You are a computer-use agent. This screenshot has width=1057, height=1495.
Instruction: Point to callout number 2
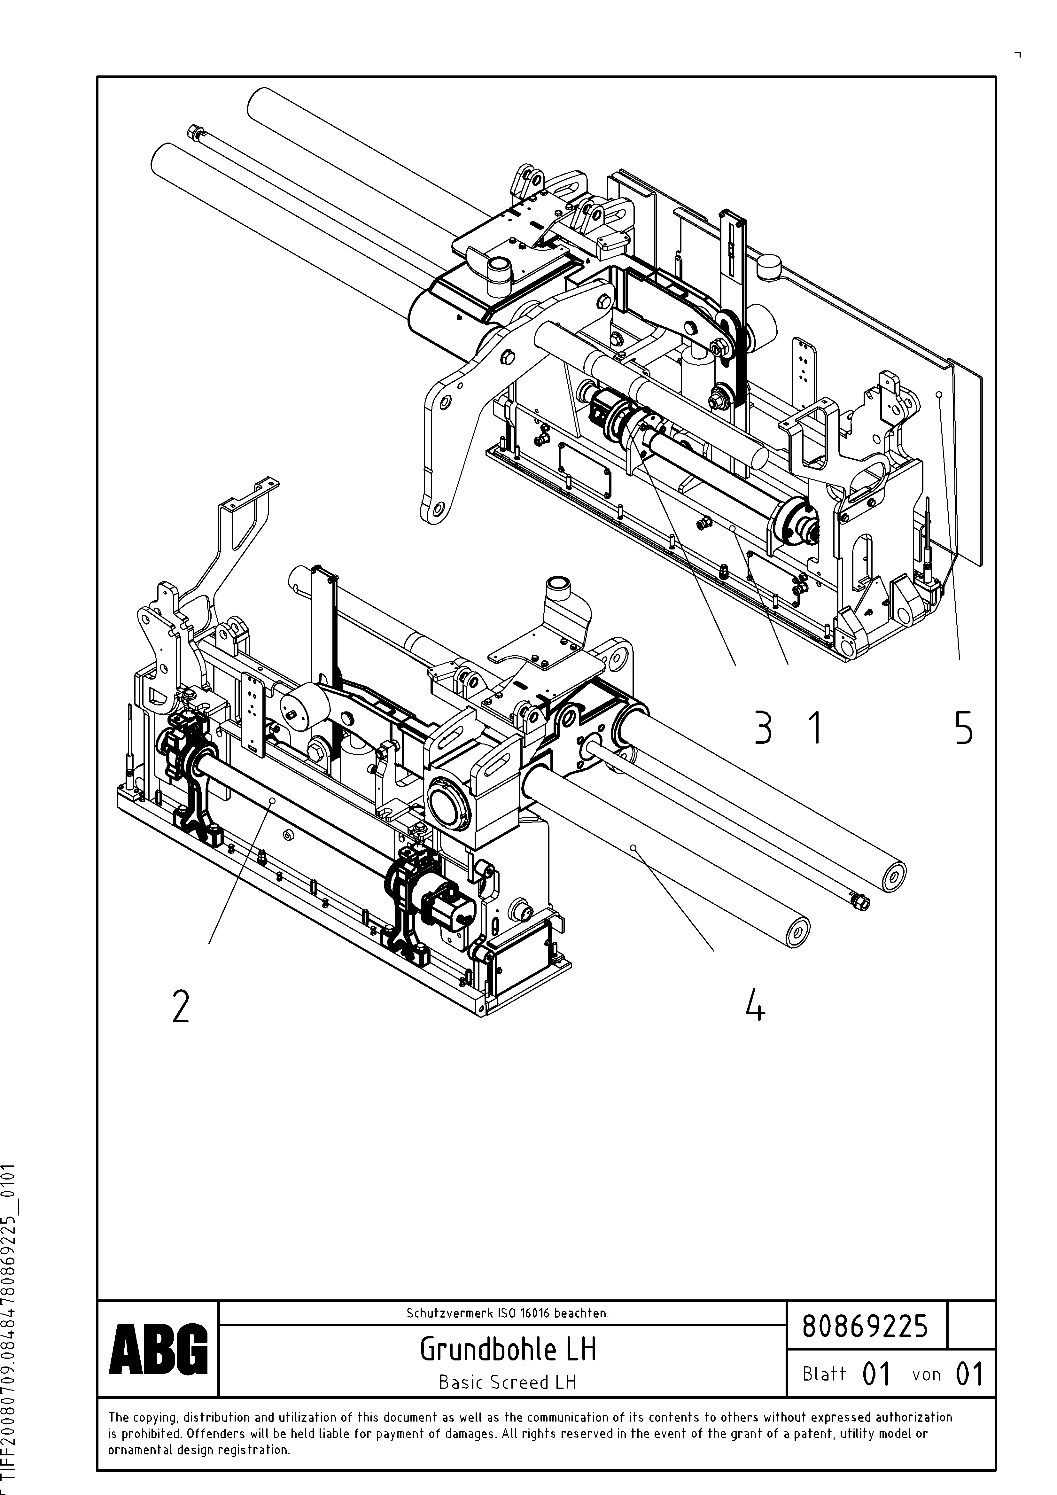pos(180,1006)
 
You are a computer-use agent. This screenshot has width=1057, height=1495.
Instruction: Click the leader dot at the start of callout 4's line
pos(633,848)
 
